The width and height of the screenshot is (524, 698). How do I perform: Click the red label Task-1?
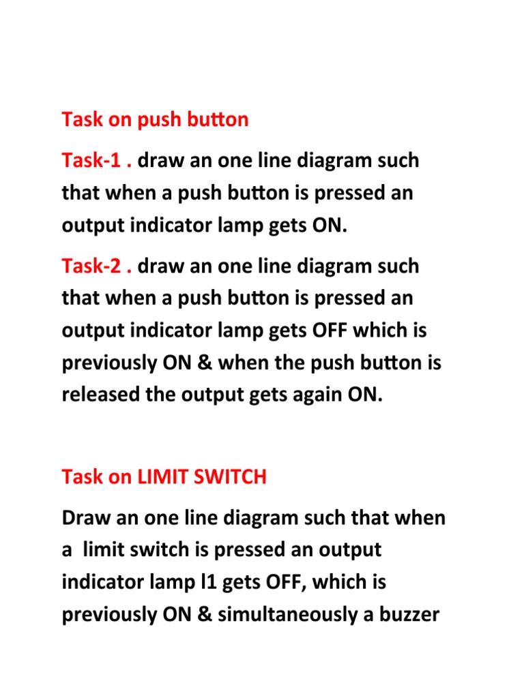point(91,160)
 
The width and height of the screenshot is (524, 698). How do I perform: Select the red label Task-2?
point(91,266)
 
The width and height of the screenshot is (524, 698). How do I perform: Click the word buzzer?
point(409,614)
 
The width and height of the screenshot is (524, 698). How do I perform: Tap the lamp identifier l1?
point(208,582)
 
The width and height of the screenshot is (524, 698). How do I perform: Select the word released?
point(101,395)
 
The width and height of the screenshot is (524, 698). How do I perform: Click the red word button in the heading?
point(218,119)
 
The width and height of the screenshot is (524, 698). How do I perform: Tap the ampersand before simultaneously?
point(204,614)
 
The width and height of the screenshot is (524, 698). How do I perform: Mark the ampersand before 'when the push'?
point(204,363)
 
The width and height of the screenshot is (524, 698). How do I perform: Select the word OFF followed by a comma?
point(286,582)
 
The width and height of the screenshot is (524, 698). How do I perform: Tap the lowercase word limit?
point(103,549)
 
